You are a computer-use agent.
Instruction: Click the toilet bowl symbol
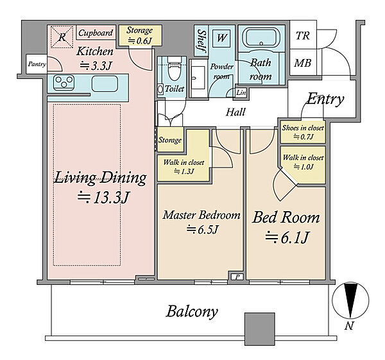pyautogui.click(x=174, y=69)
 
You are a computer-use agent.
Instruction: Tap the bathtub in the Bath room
pyautogui.click(x=261, y=39)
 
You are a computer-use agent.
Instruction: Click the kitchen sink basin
pyautogui.click(x=105, y=83)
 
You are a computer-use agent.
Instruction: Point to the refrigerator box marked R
pyautogui.click(x=62, y=37)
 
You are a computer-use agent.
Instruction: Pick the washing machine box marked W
pyautogui.click(x=221, y=38)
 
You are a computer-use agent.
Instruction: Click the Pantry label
pyautogui.click(x=37, y=64)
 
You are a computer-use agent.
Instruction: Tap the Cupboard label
pyautogui.click(x=96, y=33)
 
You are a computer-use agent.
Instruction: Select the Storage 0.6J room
pyautogui.click(x=140, y=35)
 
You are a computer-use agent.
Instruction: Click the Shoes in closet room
pyautogui.click(x=303, y=132)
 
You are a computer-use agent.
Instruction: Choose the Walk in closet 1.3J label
pyautogui.click(x=184, y=166)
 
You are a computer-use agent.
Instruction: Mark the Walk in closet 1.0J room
pyautogui.click(x=304, y=164)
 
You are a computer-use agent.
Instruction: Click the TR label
pyautogui.click(x=303, y=35)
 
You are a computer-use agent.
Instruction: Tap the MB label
pyautogui.click(x=303, y=63)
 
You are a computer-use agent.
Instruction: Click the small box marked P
pyautogui.click(x=237, y=277)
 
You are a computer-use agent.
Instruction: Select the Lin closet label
pyautogui.click(x=241, y=92)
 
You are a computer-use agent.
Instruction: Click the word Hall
pyautogui.click(x=235, y=112)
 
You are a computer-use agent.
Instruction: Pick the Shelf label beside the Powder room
pyautogui.click(x=201, y=41)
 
